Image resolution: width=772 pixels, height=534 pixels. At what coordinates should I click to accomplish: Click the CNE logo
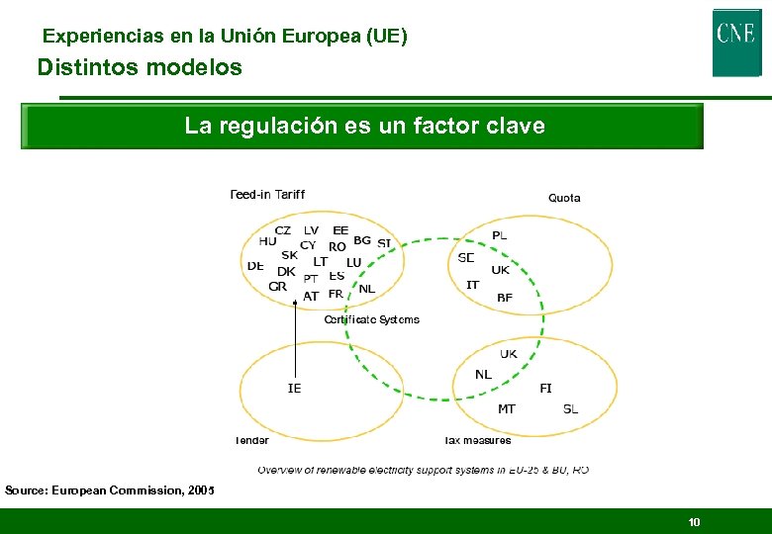pos(736,42)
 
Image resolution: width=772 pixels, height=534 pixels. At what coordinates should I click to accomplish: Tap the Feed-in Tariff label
pos(267,194)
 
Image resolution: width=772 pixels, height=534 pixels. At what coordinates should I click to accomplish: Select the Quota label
pos(564,198)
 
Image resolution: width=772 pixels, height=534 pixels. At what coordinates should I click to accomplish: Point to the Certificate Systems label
pos(372,319)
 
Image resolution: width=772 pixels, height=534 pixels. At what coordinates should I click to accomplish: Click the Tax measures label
pos(478,440)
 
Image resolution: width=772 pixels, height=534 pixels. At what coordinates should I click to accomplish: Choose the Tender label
pos(251,440)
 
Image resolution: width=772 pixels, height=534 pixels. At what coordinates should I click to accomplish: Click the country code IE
pos(295,389)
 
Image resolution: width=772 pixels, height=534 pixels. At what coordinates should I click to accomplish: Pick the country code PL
pos(500,235)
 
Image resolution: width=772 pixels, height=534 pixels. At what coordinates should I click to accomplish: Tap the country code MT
pos(507,408)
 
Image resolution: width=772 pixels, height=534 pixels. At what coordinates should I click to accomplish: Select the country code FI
pos(545,389)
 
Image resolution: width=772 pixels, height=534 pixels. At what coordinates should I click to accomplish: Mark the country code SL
pos(570,408)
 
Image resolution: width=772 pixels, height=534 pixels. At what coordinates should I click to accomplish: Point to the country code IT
pos(473,285)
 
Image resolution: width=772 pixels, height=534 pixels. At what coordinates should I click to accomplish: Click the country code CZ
pos(283,230)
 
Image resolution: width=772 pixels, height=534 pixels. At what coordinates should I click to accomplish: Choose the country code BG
pos(362,240)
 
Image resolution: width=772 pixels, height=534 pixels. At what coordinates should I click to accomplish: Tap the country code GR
pos(277,287)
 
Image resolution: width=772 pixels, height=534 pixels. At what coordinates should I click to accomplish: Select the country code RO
pos(338,246)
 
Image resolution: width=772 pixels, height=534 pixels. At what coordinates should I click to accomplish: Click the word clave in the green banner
pos(515,127)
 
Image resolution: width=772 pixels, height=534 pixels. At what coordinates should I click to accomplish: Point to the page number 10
pos(694,521)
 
